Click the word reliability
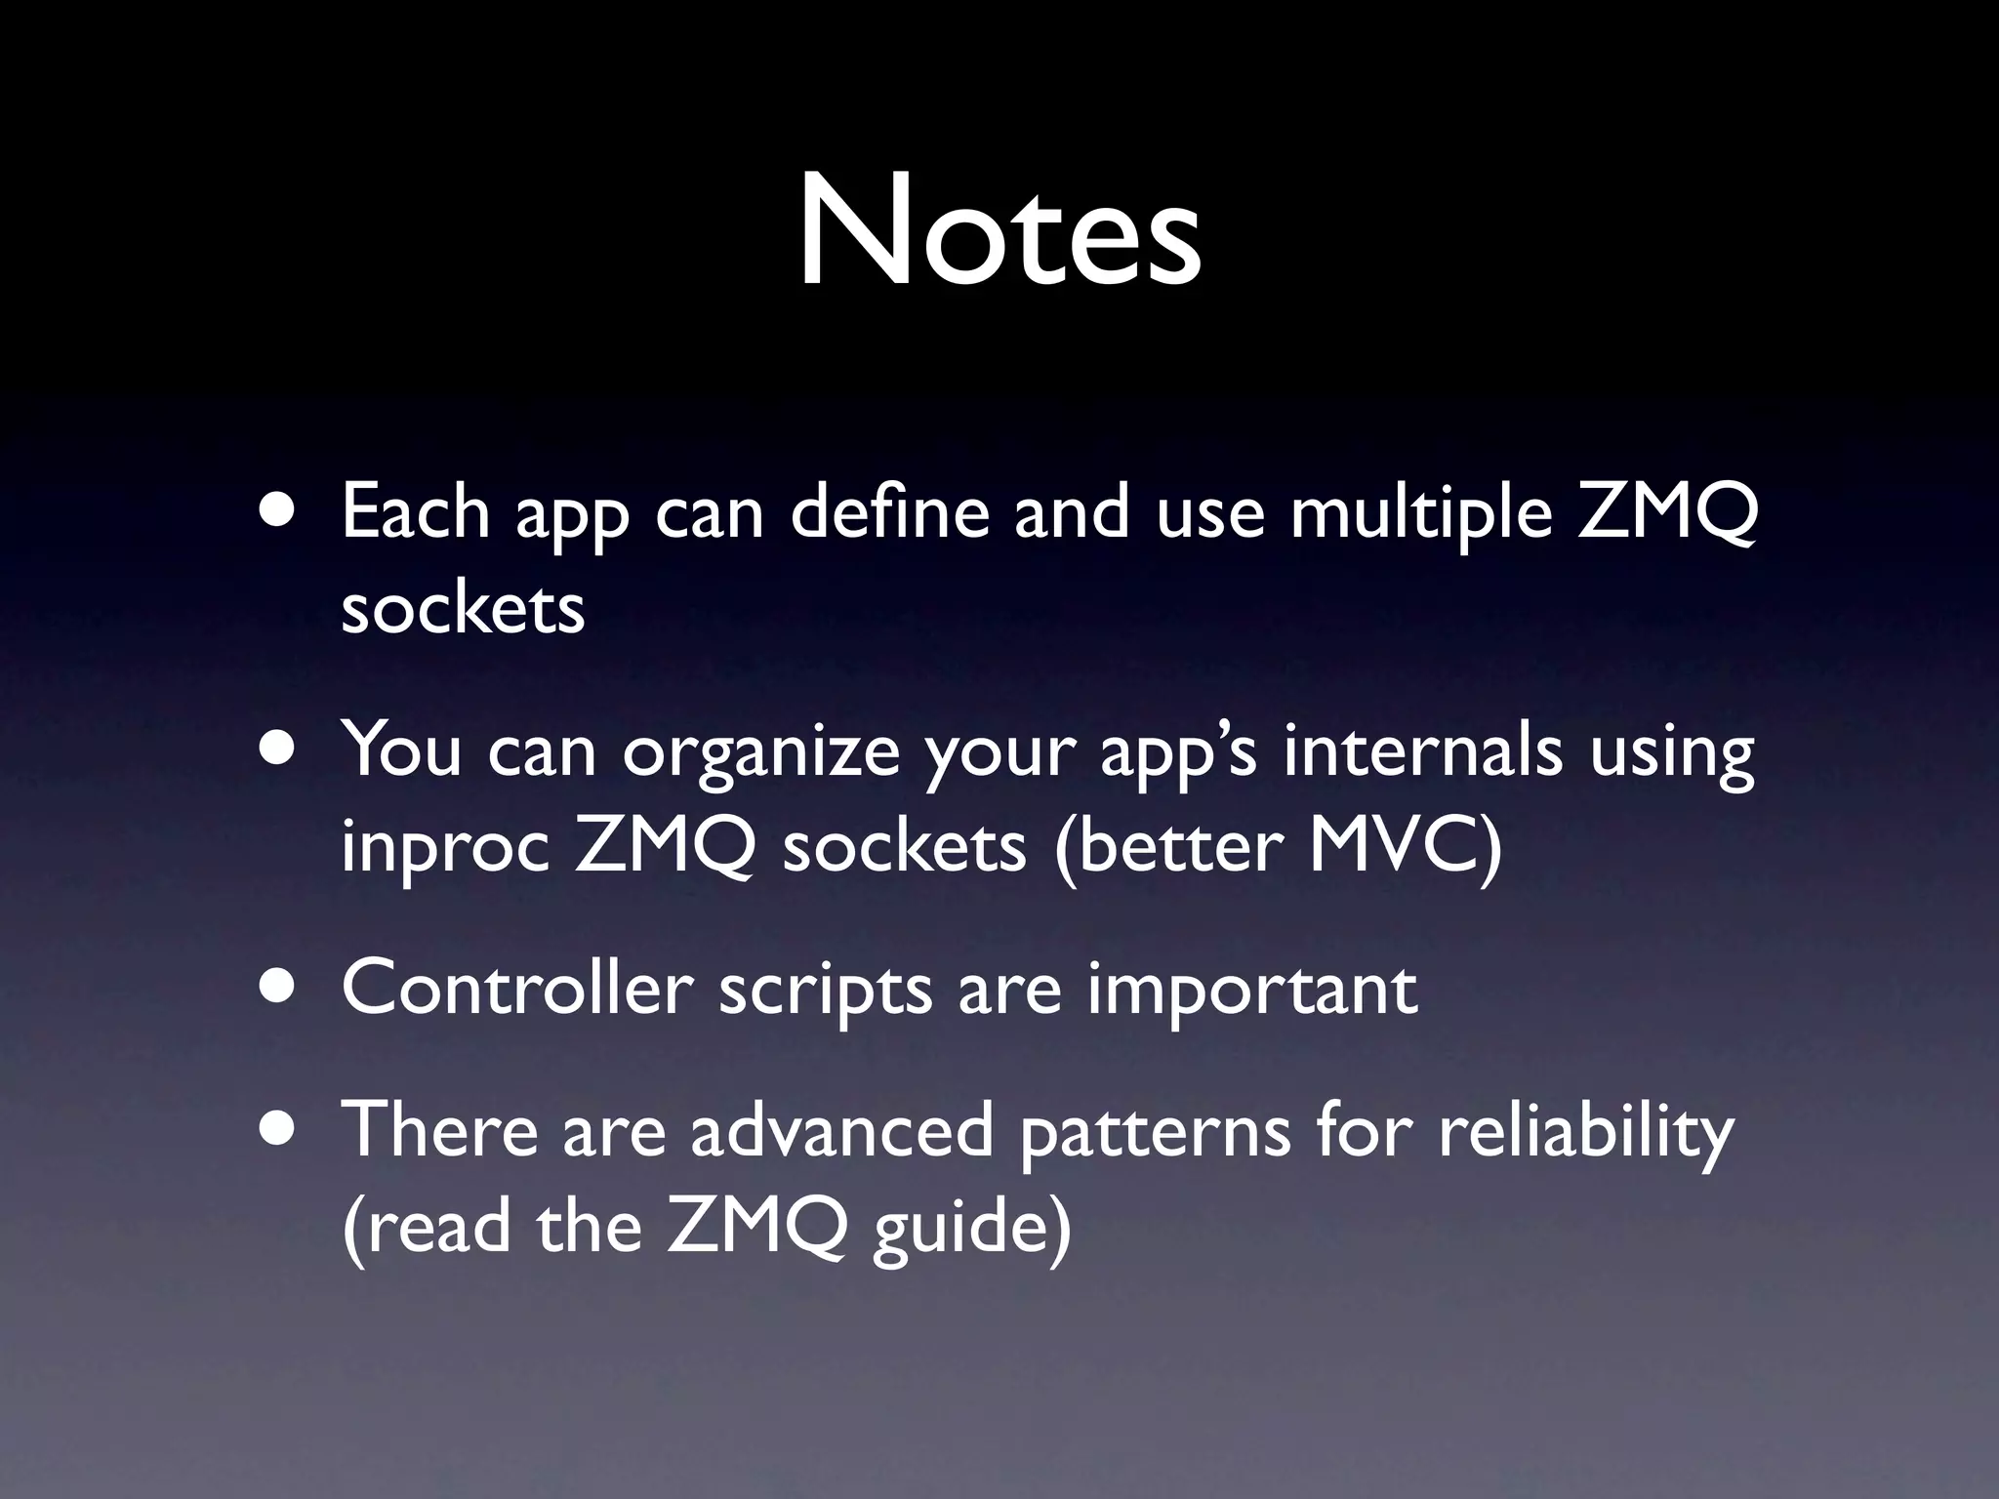point(1586,1132)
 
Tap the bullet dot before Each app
point(280,513)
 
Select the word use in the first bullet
point(1209,513)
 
